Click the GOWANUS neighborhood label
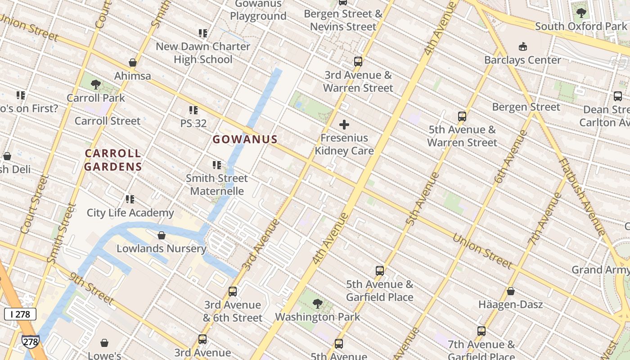click(245, 139)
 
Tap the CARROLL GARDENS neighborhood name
click(113, 160)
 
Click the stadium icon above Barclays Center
click(522, 46)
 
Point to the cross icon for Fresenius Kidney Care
click(344, 125)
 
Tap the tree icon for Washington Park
click(318, 304)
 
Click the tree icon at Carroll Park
click(96, 84)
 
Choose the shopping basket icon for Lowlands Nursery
click(162, 235)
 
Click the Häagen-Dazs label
click(510, 305)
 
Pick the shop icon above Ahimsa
click(132, 63)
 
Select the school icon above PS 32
click(193, 110)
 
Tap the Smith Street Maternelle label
click(217, 184)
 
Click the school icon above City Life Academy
click(130, 199)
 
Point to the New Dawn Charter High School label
click(203, 53)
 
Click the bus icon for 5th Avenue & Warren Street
click(462, 117)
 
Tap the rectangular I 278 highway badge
click(20, 314)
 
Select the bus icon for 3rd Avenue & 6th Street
click(233, 292)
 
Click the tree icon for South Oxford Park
click(581, 13)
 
